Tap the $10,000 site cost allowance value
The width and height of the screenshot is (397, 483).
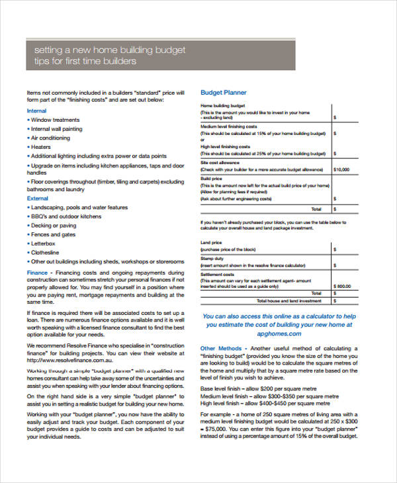click(x=341, y=169)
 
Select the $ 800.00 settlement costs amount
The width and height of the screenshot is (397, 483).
click(x=343, y=286)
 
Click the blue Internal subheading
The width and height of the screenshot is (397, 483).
click(x=37, y=110)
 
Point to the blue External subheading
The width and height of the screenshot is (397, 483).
click(x=38, y=198)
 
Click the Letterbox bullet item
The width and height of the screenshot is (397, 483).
click(x=44, y=243)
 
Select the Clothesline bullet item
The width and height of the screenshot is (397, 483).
click(x=46, y=252)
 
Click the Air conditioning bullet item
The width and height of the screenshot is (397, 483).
click(x=50, y=138)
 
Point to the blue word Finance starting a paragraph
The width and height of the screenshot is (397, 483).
click(x=37, y=272)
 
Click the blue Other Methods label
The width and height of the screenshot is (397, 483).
click(x=220, y=349)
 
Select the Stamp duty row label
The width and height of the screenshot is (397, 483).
click(x=212, y=259)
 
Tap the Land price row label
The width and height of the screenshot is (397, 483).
click(x=211, y=242)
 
